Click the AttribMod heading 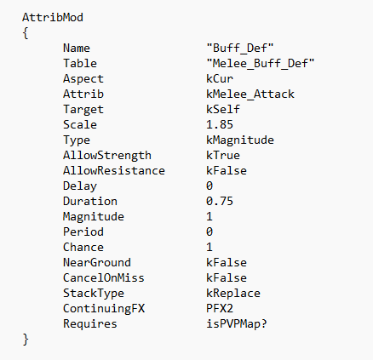tap(53, 17)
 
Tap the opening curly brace tap(26, 33)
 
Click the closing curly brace tap(26, 340)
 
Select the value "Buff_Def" tap(240, 48)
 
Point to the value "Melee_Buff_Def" tap(261, 63)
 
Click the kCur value tap(220, 78)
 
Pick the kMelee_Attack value tap(250, 94)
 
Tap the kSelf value tap(223, 109)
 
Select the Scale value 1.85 tap(220, 124)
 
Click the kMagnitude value tap(240, 140)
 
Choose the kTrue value tap(223, 155)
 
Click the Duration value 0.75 tap(220, 201)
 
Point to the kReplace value tap(233, 294)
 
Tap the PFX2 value tap(220, 308)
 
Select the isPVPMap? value tap(237, 324)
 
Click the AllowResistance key tap(114, 170)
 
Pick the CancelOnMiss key tap(104, 277)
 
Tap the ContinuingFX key tap(104, 309)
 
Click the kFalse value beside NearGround tap(227, 262)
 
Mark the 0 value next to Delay tap(209, 186)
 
